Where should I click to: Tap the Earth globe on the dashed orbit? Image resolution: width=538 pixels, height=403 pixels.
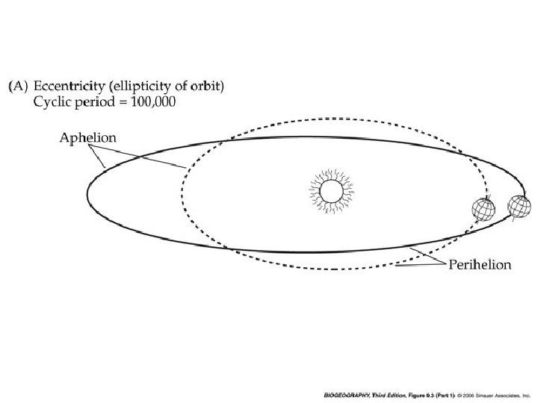coord(483,211)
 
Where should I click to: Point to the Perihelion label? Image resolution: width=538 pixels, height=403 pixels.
coord(479,265)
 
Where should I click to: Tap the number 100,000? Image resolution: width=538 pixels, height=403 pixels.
coord(153,102)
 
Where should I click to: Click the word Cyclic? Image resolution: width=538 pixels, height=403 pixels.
coord(52,102)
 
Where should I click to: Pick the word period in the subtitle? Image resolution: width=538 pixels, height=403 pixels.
coord(94,102)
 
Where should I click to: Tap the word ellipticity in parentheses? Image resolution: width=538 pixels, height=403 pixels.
coord(143,87)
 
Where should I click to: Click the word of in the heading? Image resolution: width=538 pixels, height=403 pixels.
coord(182,87)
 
